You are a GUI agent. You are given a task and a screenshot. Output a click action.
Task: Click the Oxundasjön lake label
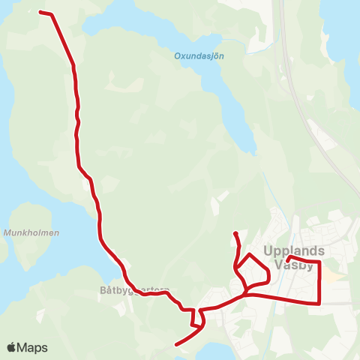click(199, 55)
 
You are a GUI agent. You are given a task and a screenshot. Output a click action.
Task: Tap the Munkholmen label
click(31, 233)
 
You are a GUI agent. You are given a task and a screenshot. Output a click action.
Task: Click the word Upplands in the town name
click(294, 251)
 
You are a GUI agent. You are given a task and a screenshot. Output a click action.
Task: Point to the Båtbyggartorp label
click(135, 289)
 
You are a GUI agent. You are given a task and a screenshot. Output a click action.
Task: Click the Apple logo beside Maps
click(11, 348)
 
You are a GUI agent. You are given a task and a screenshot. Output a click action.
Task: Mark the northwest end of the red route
click(40, 12)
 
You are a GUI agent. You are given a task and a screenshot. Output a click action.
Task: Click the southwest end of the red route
click(176, 345)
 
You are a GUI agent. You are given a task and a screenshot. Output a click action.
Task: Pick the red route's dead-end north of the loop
click(235, 233)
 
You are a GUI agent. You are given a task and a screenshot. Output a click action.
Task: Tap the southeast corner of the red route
click(320, 303)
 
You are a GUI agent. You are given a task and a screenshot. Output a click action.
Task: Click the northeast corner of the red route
click(319, 263)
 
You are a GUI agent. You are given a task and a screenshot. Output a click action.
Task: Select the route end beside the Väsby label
click(289, 258)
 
